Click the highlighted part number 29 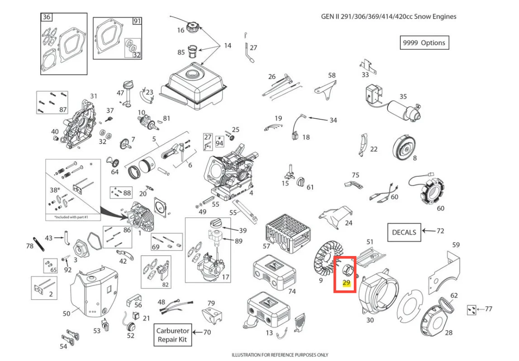pyautogui.click(x=346, y=283)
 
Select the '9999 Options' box pyautogui.click(x=424, y=43)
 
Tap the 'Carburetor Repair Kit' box pyautogui.click(x=172, y=335)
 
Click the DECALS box pyautogui.click(x=404, y=232)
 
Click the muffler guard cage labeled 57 pyautogui.click(x=288, y=233)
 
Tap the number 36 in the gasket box pyautogui.click(x=47, y=17)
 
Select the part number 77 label pyautogui.click(x=489, y=309)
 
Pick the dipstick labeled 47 pyautogui.click(x=127, y=93)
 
